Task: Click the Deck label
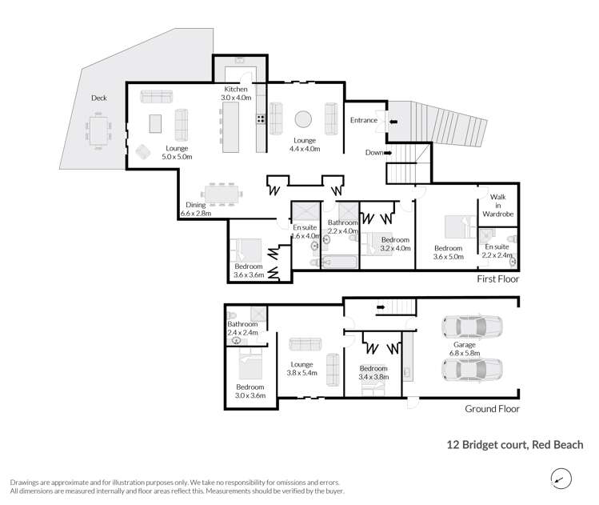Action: [99, 98]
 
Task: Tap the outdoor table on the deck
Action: [100, 130]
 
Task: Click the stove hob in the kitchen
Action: [261, 120]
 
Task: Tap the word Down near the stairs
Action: [373, 152]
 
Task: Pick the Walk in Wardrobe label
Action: [498, 205]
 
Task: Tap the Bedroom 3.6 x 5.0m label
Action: [449, 253]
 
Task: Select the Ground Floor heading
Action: [492, 408]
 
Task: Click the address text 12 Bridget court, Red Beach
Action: [513, 444]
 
